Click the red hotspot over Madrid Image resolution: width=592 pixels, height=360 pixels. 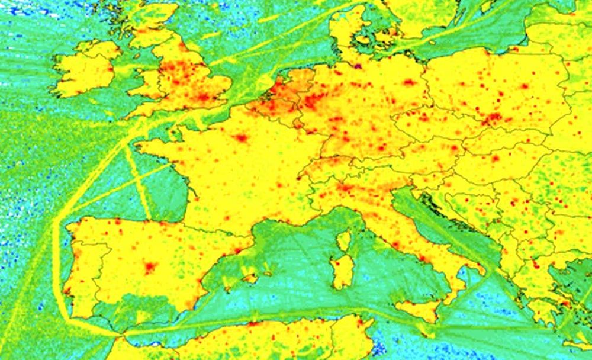pos(149,266)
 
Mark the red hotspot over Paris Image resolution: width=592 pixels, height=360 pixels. pos(241,138)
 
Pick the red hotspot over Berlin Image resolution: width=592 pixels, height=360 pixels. pos(409,82)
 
